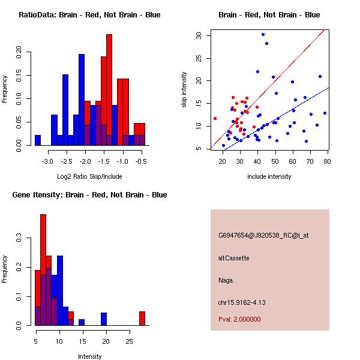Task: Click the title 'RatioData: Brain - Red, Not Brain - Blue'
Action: [89, 14]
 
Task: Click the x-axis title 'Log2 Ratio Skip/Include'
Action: [89, 177]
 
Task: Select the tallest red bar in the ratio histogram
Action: [109, 90]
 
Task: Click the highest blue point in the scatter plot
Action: [263, 35]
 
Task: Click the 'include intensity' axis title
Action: [269, 176]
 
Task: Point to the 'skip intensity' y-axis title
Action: [184, 90]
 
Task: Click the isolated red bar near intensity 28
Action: [142, 318]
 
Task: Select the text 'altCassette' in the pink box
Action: [233, 258]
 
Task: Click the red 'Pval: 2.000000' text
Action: [239, 319]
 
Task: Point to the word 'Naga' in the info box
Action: [225, 280]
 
